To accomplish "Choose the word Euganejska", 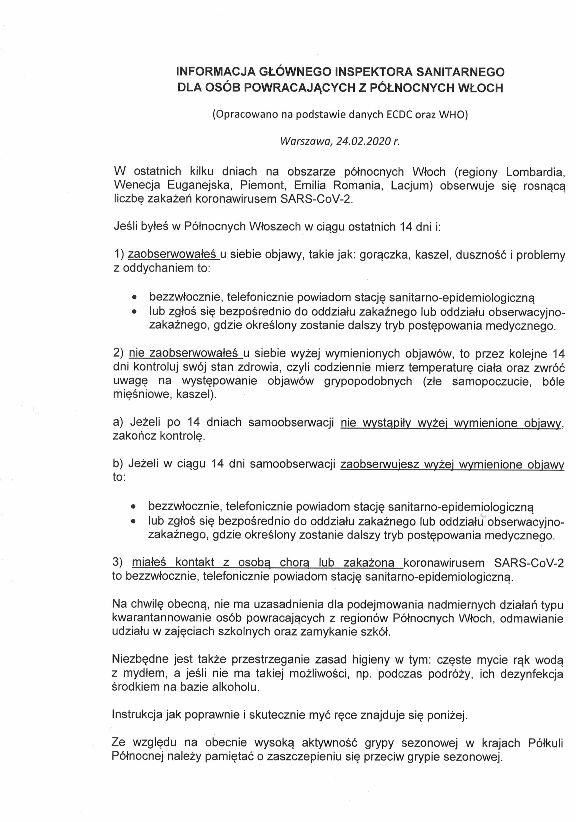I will tap(197, 186).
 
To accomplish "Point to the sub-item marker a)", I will tap(118, 422).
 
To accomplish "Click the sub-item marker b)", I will tap(118, 464).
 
